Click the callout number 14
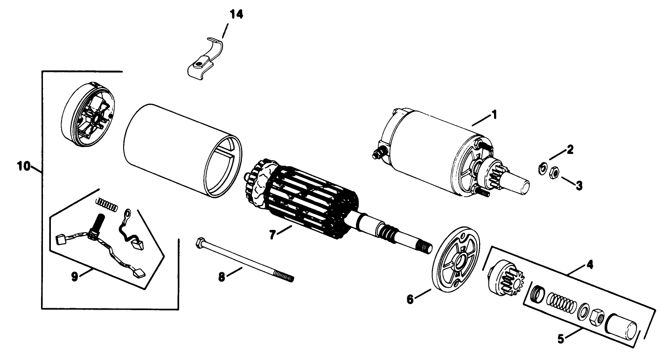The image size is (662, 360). pos(236,14)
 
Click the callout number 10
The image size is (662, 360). pos(24,166)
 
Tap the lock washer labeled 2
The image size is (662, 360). pos(543,168)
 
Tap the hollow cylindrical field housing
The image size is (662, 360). pos(182,149)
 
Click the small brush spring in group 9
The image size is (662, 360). pos(105,204)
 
